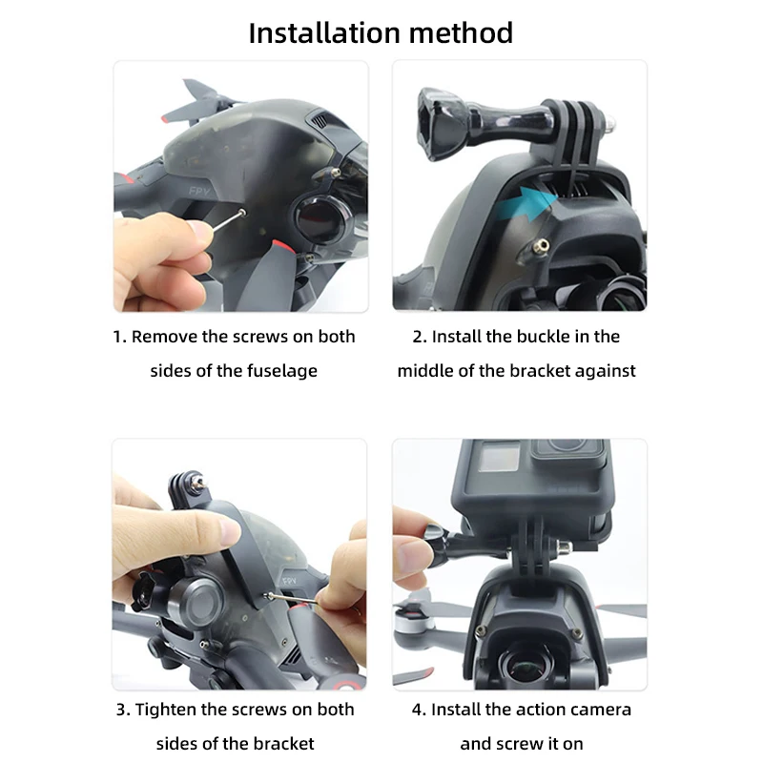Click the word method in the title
[x=462, y=32]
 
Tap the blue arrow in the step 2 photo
[x=529, y=201]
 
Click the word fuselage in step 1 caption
[x=280, y=371]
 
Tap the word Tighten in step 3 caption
[x=168, y=710]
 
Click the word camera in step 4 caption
[x=602, y=710]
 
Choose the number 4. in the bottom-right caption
[x=419, y=710]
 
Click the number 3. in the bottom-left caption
[x=123, y=710]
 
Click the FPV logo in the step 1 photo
[x=200, y=191]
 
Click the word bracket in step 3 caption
[x=282, y=744]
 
